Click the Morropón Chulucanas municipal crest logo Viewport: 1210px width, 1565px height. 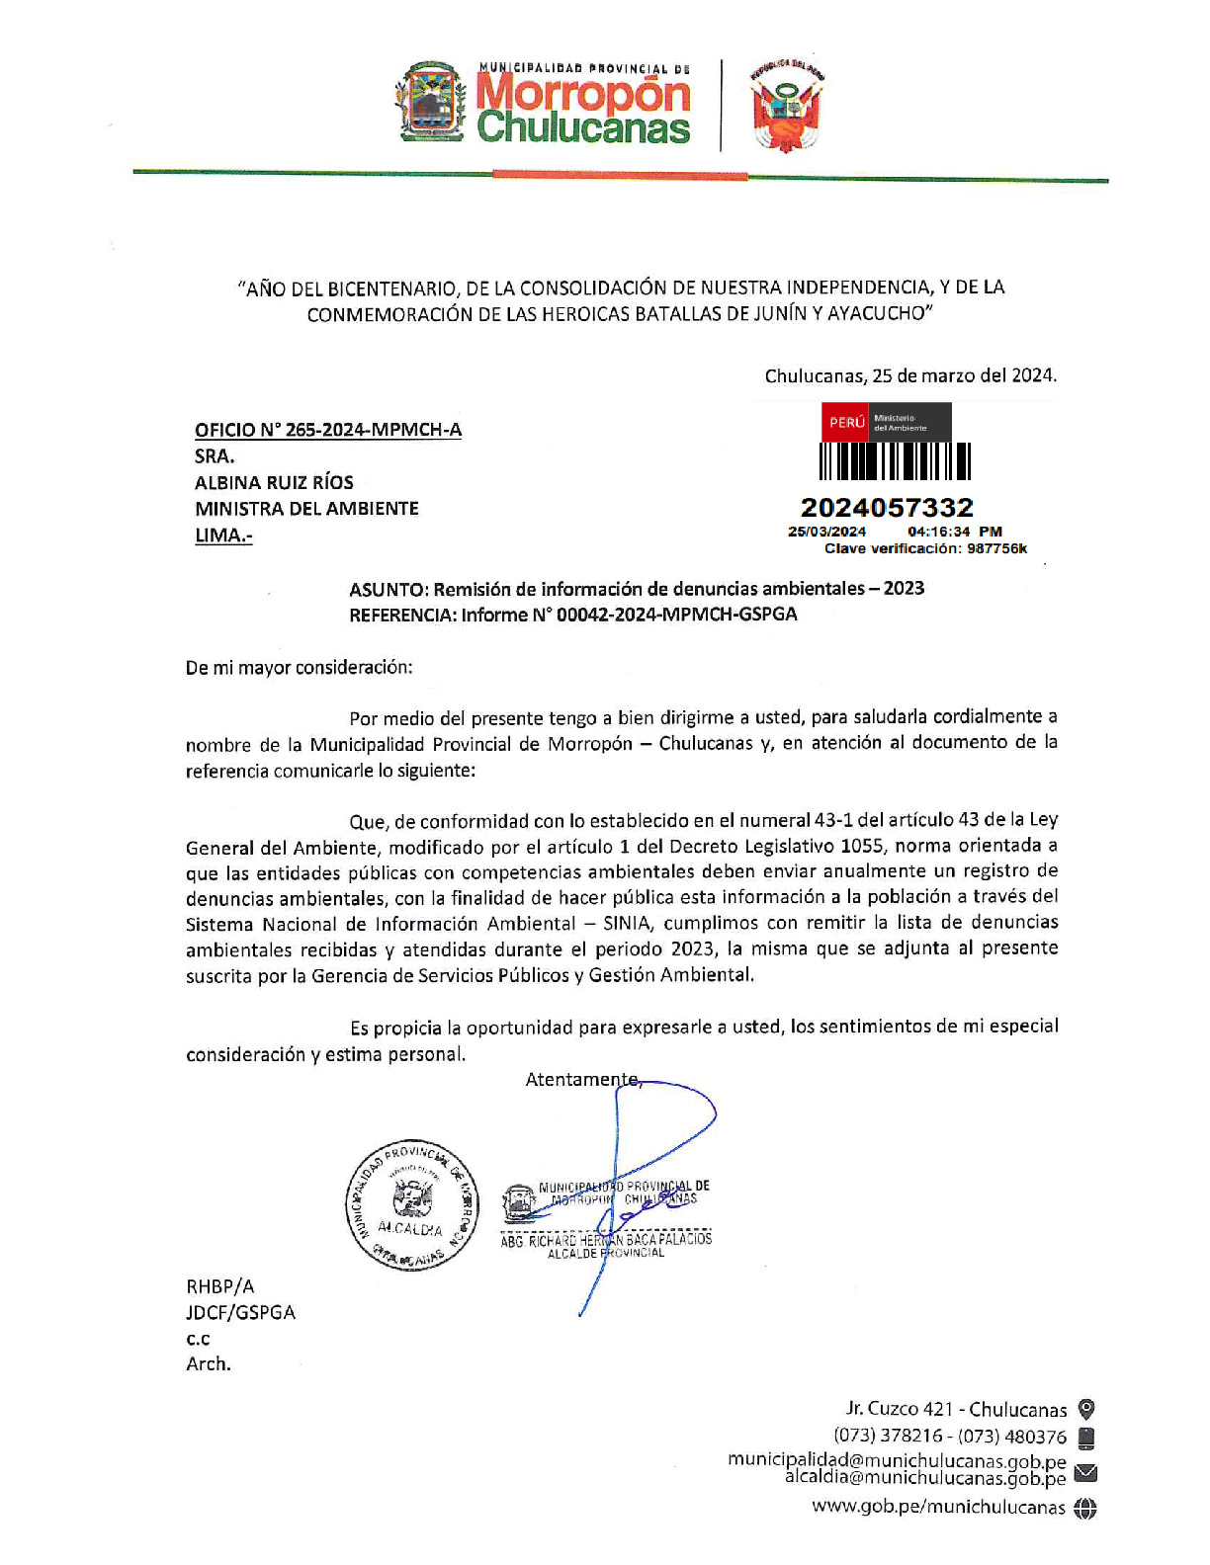[432, 102]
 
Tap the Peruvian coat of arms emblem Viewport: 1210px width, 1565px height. [786, 105]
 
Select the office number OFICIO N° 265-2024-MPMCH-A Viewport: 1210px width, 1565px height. [327, 430]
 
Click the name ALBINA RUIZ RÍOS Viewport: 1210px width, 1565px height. [274, 482]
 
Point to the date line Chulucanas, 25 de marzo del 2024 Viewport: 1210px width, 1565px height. [909, 375]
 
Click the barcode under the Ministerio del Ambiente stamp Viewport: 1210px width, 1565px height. [895, 461]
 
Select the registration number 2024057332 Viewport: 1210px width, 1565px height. [887, 508]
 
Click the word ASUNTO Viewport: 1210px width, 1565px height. [387, 589]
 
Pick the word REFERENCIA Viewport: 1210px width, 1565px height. [401, 615]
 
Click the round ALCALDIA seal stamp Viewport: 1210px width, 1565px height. [411, 1204]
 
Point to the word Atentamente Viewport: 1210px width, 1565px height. [582, 1080]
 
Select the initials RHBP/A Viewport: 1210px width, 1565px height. [219, 1286]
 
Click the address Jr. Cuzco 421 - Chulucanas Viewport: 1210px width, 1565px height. [956, 1410]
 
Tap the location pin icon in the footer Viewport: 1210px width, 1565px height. [1085, 1409]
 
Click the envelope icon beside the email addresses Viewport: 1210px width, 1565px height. [1085, 1473]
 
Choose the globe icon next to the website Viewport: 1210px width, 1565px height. [1085, 1508]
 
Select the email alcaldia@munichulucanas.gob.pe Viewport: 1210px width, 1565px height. [925, 1478]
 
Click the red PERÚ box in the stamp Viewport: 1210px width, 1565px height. [845, 422]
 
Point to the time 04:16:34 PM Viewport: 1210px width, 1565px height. [954, 532]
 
